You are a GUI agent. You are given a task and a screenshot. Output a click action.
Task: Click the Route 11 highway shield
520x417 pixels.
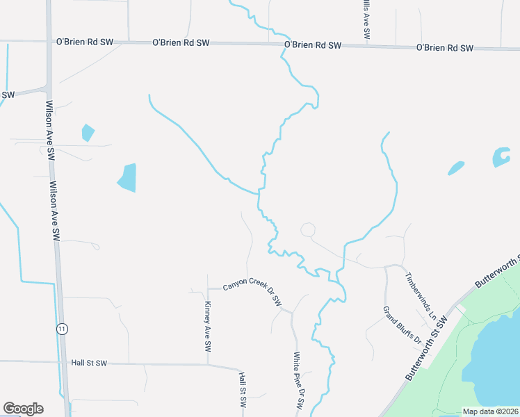pyautogui.click(x=62, y=329)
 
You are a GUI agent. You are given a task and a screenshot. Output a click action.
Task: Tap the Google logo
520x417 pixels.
pyautogui.click(x=23, y=409)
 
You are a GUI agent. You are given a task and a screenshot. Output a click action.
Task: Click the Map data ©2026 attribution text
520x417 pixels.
pyautogui.click(x=490, y=411)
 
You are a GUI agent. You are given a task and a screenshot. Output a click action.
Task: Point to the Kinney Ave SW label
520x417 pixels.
pyautogui.click(x=208, y=322)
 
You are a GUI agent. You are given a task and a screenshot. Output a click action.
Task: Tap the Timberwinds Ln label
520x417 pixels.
pyautogui.click(x=421, y=295)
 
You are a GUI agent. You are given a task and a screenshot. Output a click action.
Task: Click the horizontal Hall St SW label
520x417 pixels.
pyautogui.click(x=89, y=363)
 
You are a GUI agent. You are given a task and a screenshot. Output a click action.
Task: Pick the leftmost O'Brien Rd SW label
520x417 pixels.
pyautogui.click(x=85, y=42)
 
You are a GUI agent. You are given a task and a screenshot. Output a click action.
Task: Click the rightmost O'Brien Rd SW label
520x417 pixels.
pyautogui.click(x=444, y=48)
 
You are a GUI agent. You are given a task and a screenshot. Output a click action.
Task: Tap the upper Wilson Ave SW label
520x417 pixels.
pyautogui.click(x=49, y=131)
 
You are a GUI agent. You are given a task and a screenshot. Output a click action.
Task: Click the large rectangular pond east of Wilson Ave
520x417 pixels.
pyautogui.click(x=127, y=178)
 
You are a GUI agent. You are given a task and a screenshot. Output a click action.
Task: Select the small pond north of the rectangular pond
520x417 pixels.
pyautogui.click(x=88, y=132)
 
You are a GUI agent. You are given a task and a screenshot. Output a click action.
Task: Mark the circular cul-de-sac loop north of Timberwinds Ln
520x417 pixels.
pyautogui.click(x=307, y=229)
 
